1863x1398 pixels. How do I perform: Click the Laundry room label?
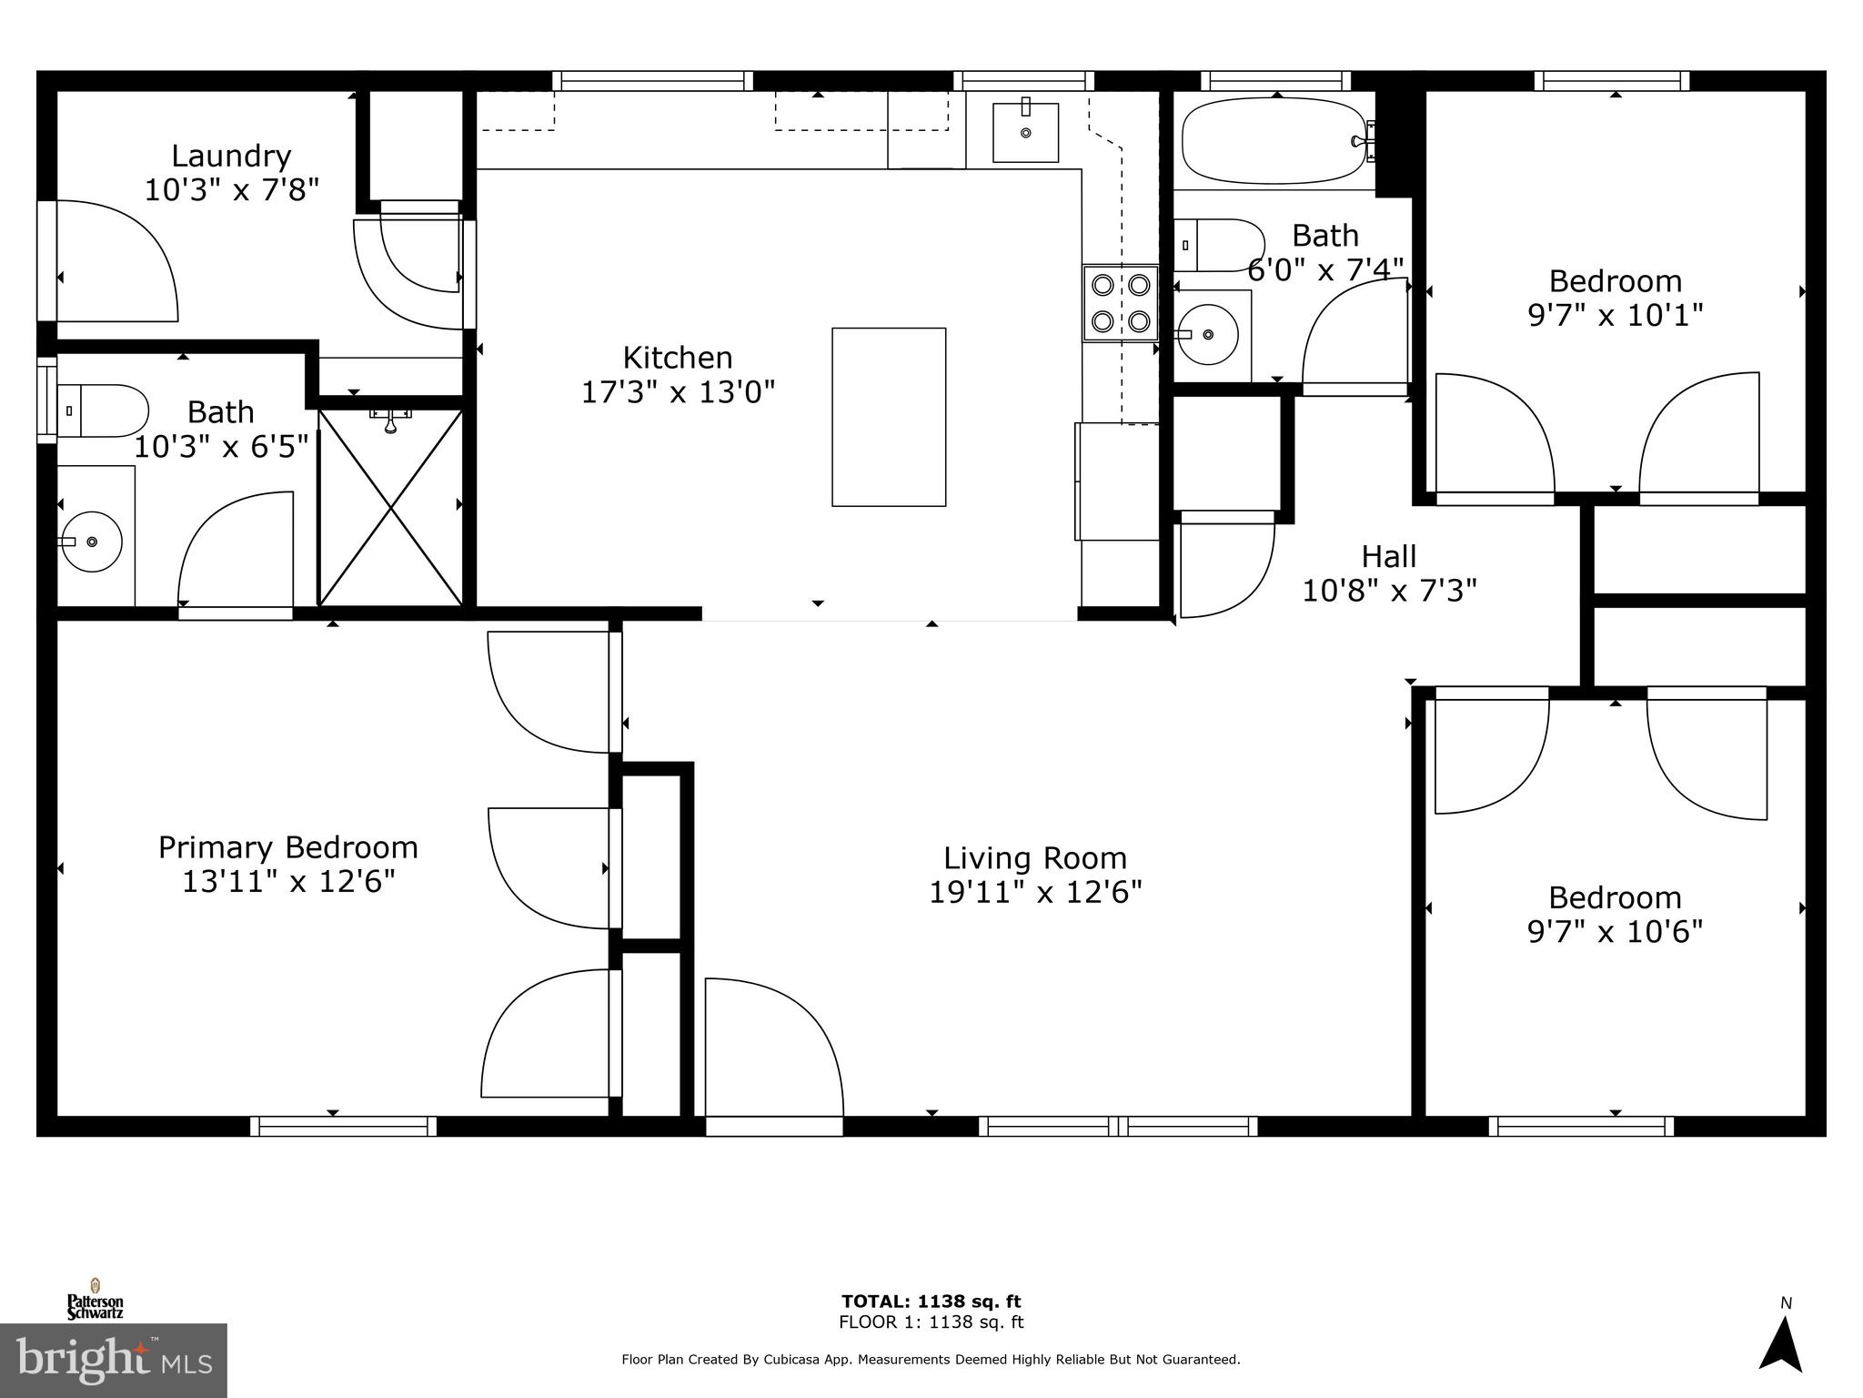231,156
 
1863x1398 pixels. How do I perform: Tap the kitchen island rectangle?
889,417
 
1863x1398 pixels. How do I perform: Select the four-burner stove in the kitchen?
1121,303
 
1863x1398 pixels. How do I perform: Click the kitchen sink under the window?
1025,133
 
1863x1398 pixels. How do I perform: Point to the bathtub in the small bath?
1273,142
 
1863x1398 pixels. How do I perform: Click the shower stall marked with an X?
390,508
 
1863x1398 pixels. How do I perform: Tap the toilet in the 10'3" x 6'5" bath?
103,410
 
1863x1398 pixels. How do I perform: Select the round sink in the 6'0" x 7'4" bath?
1206,335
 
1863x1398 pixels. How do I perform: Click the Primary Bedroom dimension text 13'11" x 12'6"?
288,882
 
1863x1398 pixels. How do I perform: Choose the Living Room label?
1034,857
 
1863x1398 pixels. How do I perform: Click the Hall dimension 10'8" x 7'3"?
1389,591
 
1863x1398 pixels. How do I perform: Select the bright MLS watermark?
114,1360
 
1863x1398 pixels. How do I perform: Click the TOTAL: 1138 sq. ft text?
931,1302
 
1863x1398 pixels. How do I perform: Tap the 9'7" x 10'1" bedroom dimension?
1615,315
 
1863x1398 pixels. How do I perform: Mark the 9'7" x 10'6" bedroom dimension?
1615,932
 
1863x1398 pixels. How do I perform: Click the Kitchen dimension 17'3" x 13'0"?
678,392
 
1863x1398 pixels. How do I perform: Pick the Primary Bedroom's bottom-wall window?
343,1126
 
